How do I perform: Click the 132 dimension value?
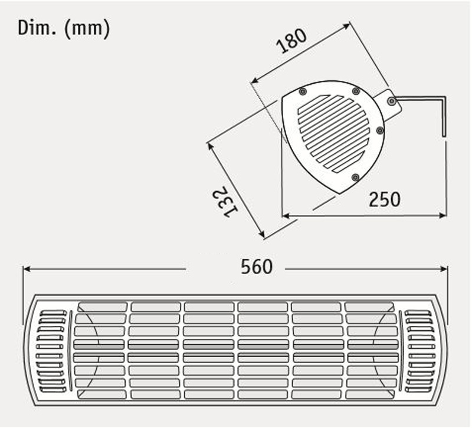(224, 203)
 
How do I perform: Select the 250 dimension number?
(385, 199)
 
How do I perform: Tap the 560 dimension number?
(257, 267)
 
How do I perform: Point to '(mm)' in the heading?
(87, 28)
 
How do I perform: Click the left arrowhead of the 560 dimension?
(27, 268)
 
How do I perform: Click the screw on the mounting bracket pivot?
(392, 102)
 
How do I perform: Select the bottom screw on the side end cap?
(355, 177)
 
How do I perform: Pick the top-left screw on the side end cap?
(302, 91)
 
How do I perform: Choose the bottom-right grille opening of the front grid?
(371, 393)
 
